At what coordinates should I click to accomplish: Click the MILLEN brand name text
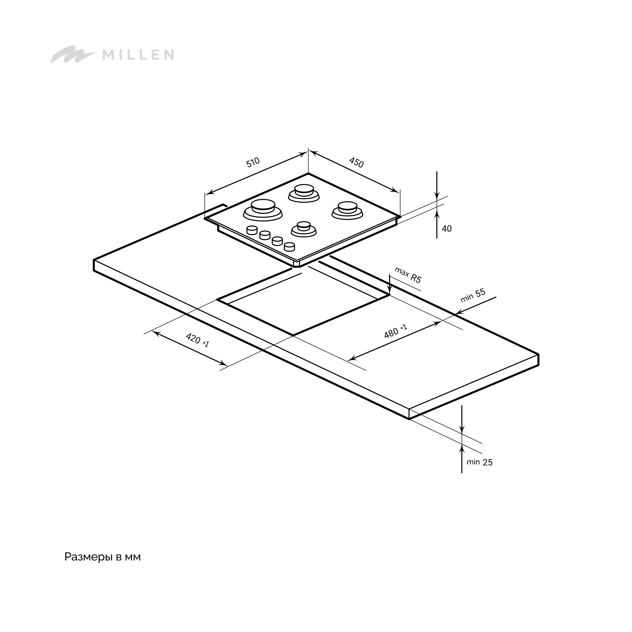138,55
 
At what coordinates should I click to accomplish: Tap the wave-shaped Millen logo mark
73,54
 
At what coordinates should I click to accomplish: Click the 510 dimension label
253,162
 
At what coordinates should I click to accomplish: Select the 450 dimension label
356,162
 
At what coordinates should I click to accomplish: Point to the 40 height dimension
446,229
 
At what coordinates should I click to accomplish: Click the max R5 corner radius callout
408,275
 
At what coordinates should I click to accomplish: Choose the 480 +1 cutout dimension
395,331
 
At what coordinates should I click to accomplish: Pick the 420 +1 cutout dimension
197,340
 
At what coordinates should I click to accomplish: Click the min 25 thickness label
480,462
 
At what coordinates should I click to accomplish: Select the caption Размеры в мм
102,556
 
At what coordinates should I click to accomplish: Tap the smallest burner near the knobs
304,229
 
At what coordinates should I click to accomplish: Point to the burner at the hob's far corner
304,193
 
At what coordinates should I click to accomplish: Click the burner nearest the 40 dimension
347,210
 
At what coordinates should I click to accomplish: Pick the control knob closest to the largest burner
252,230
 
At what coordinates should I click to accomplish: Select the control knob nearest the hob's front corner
289,247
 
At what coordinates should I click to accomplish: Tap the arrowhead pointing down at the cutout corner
390,290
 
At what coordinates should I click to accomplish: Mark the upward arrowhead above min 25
462,448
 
